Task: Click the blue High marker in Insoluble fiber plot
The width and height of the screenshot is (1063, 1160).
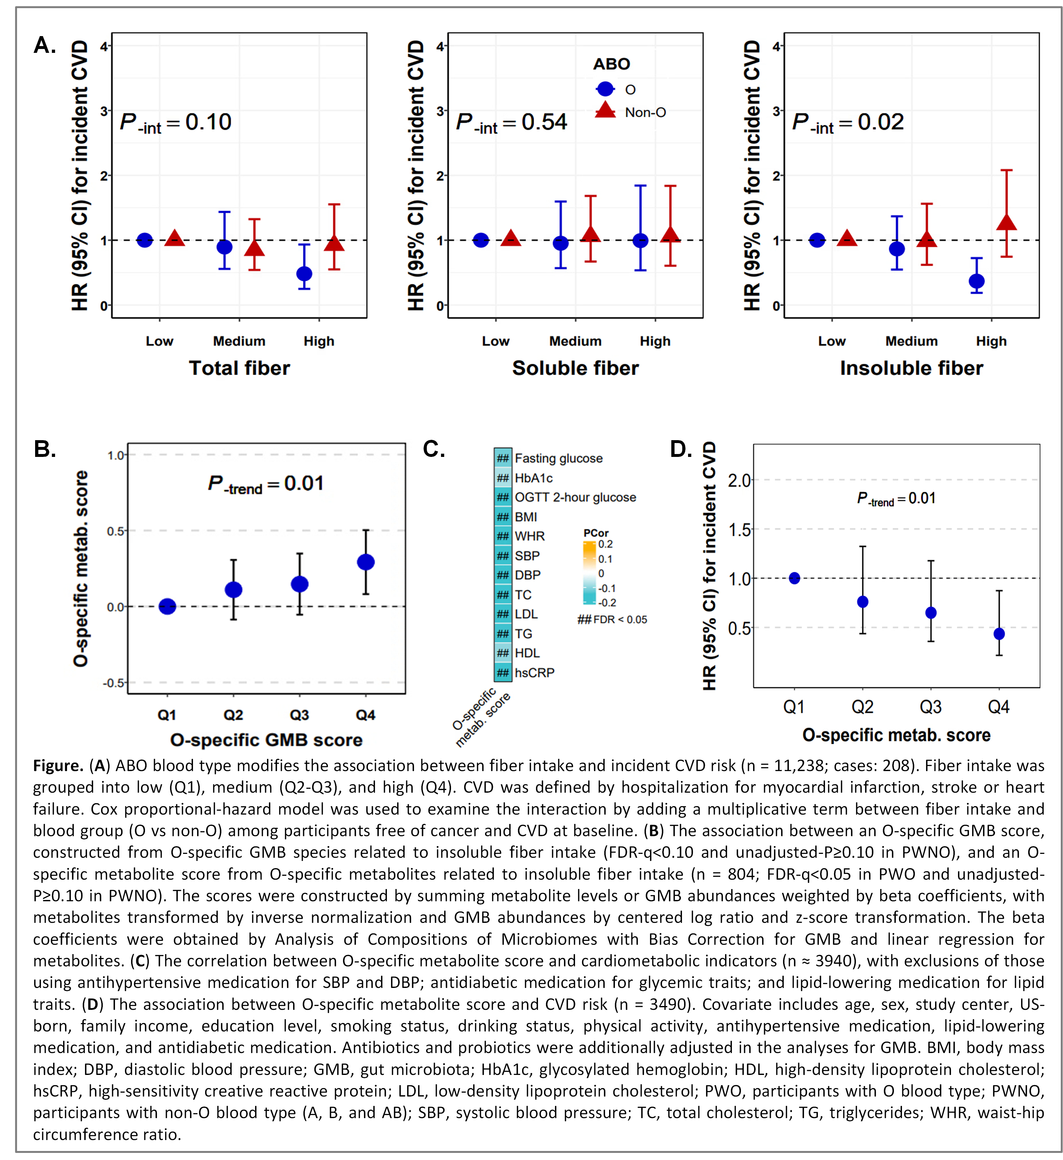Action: pos(976,281)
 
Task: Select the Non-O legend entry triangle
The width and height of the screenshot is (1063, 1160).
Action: pos(605,111)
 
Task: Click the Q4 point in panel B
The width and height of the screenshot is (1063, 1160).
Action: pos(366,562)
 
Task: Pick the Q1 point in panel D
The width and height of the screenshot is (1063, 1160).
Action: pos(794,578)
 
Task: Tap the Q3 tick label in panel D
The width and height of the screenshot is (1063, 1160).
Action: pos(931,707)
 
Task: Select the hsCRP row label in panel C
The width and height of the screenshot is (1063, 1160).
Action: pos(534,673)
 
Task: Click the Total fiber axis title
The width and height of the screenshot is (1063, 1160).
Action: pos(239,368)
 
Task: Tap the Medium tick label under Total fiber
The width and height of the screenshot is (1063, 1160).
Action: pos(239,341)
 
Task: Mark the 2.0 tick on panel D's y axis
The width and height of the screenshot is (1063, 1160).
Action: pos(739,480)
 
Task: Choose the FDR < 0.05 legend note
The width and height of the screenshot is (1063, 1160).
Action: pos(613,620)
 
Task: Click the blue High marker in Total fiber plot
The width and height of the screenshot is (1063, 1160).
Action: pos(304,274)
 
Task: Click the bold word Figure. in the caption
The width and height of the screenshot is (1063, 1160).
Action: pos(58,766)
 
